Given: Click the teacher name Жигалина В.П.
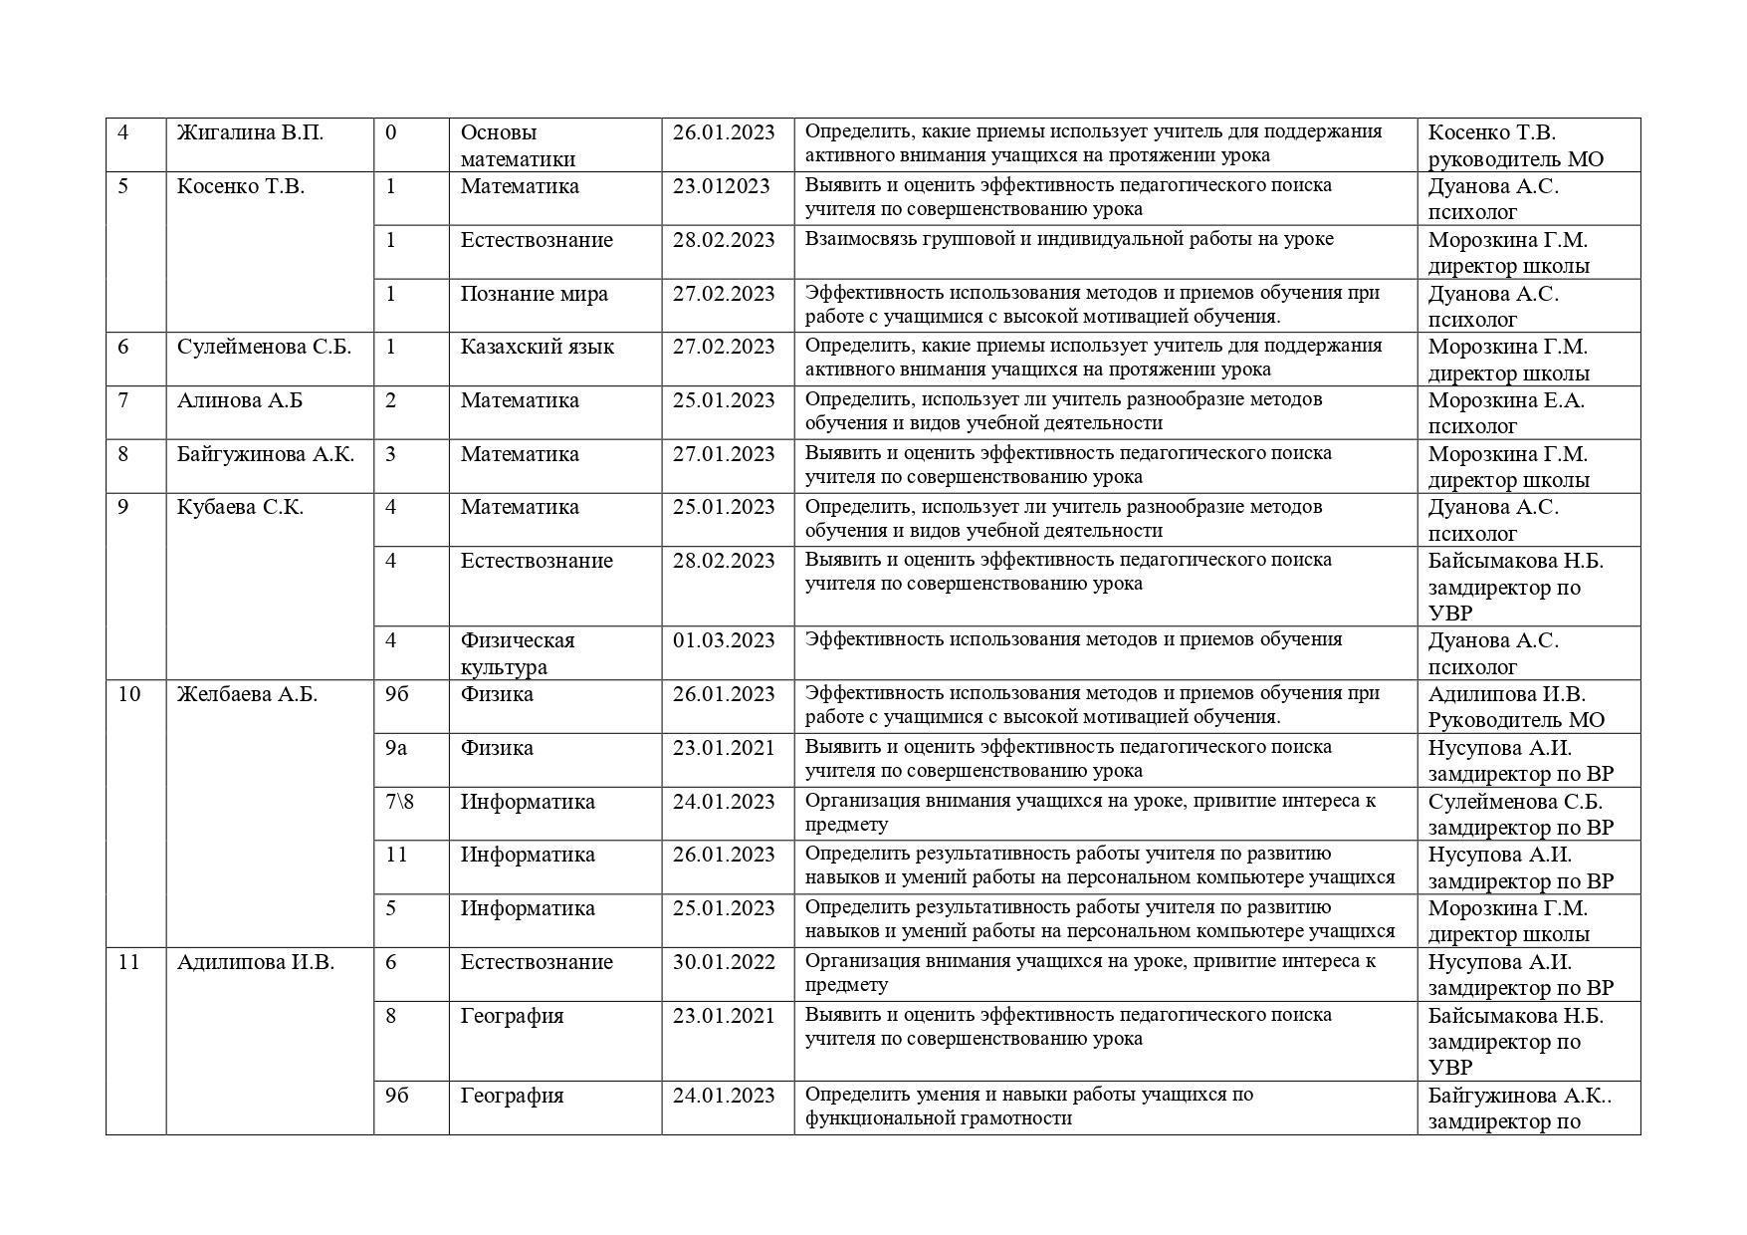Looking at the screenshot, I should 250,132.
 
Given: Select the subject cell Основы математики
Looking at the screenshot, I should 518,145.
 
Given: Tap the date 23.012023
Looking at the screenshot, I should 721,186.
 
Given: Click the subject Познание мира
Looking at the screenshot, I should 534,294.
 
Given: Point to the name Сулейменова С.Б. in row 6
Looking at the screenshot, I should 264,347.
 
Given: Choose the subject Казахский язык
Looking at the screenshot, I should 537,347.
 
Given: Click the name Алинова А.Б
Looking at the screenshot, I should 240,400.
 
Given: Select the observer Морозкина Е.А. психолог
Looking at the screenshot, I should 1505,413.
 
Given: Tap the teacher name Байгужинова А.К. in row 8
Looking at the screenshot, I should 266,454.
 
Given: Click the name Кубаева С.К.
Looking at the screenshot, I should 240,507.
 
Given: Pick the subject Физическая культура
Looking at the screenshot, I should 518,653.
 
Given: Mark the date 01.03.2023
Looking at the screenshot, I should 723,640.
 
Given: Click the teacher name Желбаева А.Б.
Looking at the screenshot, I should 247,694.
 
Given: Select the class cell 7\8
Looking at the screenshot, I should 399,802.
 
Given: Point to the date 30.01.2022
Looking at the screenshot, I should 723,962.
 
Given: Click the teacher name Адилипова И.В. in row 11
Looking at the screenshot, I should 256,962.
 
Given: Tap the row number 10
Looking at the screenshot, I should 129,694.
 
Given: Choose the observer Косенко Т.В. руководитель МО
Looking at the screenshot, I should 1515,145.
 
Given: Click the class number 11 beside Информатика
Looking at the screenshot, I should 396,855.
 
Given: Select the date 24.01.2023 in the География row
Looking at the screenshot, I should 723,1096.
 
